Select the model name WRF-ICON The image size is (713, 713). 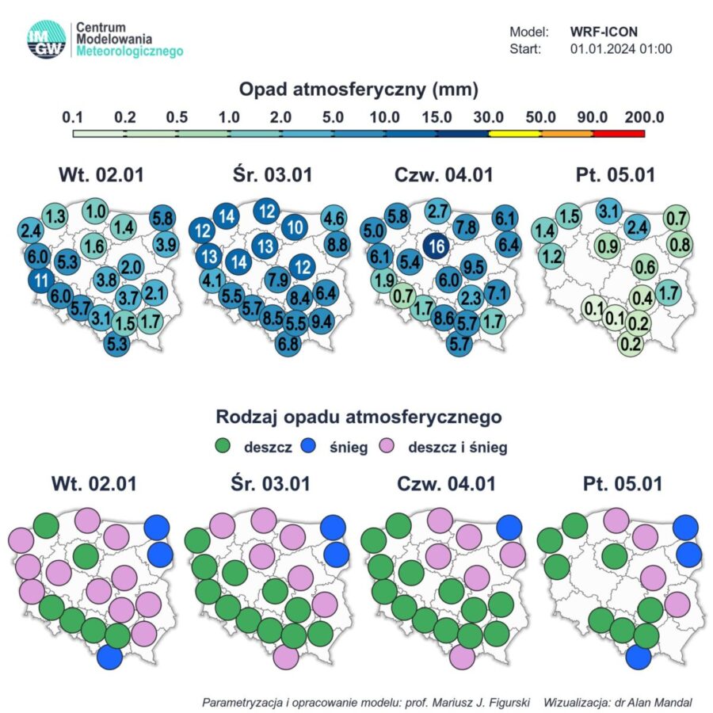point(604,32)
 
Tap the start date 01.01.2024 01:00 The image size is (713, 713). point(621,48)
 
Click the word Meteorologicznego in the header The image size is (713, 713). point(130,51)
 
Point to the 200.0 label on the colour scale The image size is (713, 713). point(643,117)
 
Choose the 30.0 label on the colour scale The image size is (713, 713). point(489,117)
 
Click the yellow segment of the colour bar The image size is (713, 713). point(514,133)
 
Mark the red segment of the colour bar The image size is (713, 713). point(618,133)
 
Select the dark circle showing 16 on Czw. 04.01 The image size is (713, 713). point(435,246)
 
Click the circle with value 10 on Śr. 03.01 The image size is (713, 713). point(295,227)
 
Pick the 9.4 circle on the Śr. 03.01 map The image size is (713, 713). point(322,322)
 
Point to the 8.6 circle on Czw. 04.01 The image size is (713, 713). point(444,318)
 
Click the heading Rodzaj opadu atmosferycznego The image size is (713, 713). point(359,415)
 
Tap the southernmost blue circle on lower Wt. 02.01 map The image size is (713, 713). point(110,657)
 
